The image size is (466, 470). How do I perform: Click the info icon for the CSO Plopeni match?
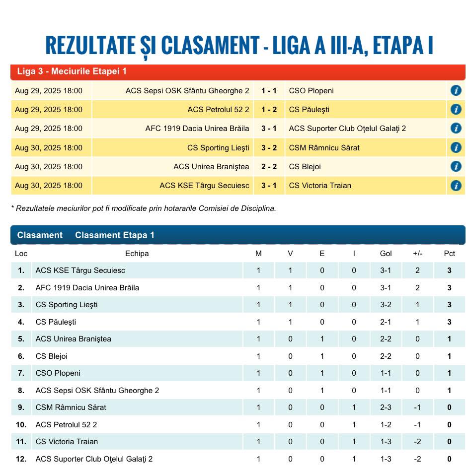pyautogui.click(x=456, y=90)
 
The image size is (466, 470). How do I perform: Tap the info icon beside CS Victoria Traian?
pyautogui.click(x=456, y=186)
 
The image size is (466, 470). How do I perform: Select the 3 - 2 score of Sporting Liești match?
pyautogui.click(x=269, y=147)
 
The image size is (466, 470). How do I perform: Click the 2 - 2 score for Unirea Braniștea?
pyautogui.click(x=269, y=167)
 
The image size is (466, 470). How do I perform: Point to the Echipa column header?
pyautogui.click(x=137, y=254)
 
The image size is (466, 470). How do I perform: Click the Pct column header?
pyautogui.click(x=449, y=254)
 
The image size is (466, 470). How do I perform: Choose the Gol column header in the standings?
pyautogui.click(x=386, y=254)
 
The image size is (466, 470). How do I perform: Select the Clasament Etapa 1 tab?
pyautogui.click(x=115, y=235)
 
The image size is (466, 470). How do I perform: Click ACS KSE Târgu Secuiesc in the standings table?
pyautogui.click(x=80, y=270)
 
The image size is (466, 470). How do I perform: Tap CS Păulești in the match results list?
pyautogui.click(x=309, y=110)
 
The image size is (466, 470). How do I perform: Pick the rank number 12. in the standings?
pyautogui.click(x=21, y=459)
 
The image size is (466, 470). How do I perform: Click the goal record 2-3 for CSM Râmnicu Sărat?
pyautogui.click(x=386, y=407)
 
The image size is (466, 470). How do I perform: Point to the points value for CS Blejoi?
pyautogui.click(x=449, y=356)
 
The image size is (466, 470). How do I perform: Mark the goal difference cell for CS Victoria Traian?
pyautogui.click(x=417, y=442)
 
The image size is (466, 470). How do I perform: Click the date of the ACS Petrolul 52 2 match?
pyautogui.click(x=49, y=110)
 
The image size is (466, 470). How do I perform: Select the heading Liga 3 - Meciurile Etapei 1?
pyautogui.click(x=72, y=71)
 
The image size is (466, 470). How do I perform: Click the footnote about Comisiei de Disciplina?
pyautogui.click(x=144, y=208)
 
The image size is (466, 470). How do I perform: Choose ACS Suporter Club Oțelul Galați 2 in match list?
pyautogui.click(x=347, y=129)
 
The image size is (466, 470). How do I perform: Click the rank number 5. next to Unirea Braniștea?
pyautogui.click(x=21, y=339)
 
